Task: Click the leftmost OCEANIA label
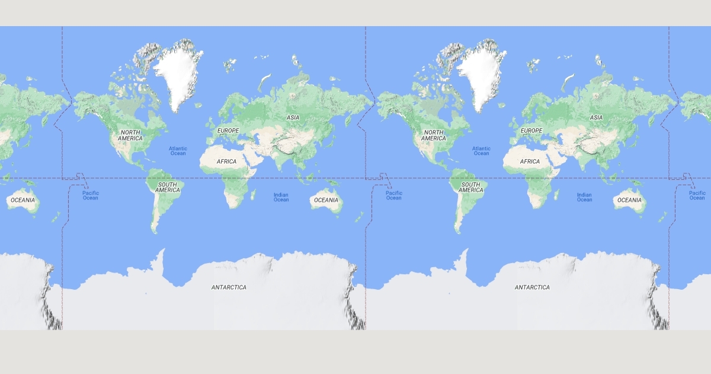click(x=23, y=200)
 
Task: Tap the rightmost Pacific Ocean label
click(x=697, y=195)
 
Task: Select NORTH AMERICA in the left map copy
click(x=130, y=135)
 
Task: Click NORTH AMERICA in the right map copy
click(x=434, y=135)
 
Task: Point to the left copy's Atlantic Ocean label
click(x=178, y=151)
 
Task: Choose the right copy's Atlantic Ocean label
click(x=481, y=151)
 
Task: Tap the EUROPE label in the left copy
click(x=228, y=130)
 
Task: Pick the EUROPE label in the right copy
click(x=531, y=130)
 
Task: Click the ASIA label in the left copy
click(x=293, y=118)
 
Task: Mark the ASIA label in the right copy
click(x=596, y=118)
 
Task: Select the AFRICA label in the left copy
click(x=226, y=161)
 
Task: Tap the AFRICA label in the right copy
click(x=530, y=161)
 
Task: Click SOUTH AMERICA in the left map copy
click(x=168, y=187)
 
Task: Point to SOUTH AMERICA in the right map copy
click(x=471, y=187)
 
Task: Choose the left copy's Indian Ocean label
click(x=281, y=197)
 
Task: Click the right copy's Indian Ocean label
click(x=584, y=197)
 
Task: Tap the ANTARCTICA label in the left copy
click(x=229, y=287)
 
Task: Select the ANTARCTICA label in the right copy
click(x=532, y=287)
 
